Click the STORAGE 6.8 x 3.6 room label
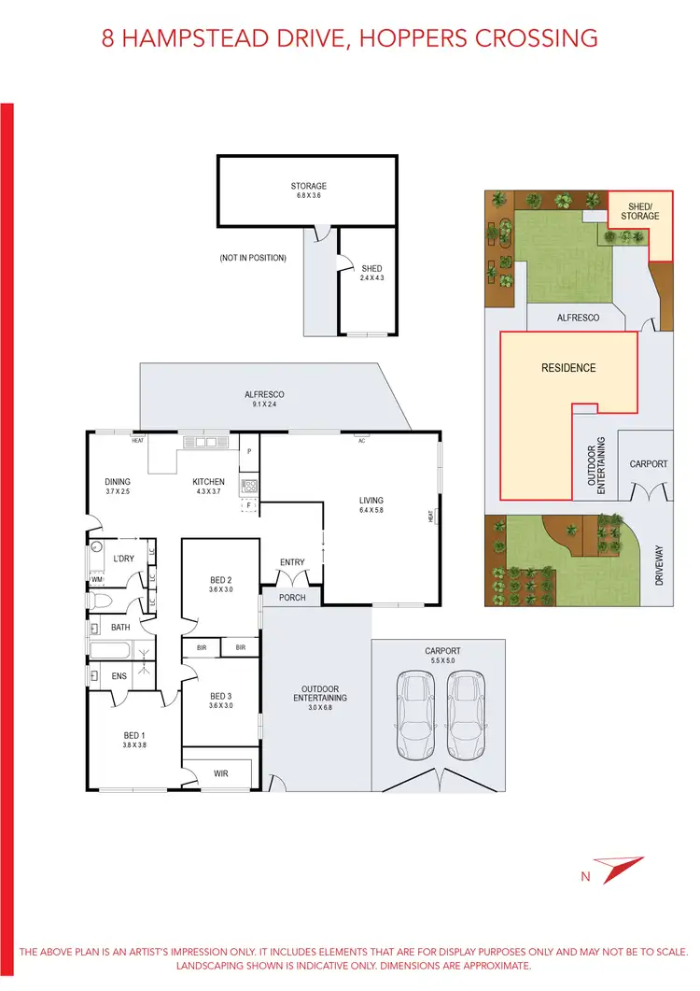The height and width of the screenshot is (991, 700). [x=308, y=191]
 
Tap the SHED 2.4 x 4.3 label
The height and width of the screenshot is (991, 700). [x=371, y=273]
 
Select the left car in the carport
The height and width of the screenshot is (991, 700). [x=416, y=715]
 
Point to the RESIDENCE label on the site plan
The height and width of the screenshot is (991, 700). [x=568, y=368]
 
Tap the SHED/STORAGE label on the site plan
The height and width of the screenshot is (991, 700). [x=640, y=211]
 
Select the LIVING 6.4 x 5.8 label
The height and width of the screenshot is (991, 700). [x=371, y=505]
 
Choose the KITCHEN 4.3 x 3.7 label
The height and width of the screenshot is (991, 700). [x=208, y=487]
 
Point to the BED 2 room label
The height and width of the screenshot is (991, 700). [x=220, y=585]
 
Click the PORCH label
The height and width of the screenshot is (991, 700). [x=291, y=597]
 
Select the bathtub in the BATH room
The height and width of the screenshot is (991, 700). [x=111, y=650]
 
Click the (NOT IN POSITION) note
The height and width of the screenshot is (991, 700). [x=253, y=258]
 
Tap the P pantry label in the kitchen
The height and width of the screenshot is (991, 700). [x=249, y=452]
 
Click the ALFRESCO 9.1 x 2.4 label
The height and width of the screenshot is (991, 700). [x=264, y=400]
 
